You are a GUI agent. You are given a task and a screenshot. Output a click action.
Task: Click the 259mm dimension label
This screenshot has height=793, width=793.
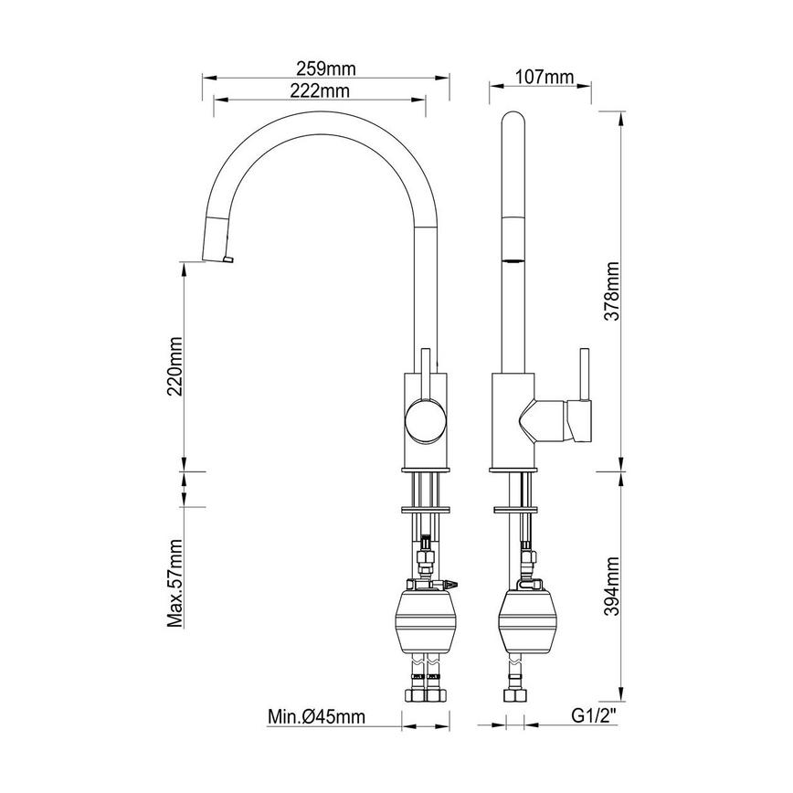coord(325,69)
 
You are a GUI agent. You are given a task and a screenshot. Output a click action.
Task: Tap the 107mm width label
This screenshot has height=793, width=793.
coord(544,77)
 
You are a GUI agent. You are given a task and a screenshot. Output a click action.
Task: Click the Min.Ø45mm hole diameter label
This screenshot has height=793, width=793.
coord(317,717)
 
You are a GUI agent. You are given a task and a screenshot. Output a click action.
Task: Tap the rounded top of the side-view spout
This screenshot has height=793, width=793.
coord(515,123)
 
